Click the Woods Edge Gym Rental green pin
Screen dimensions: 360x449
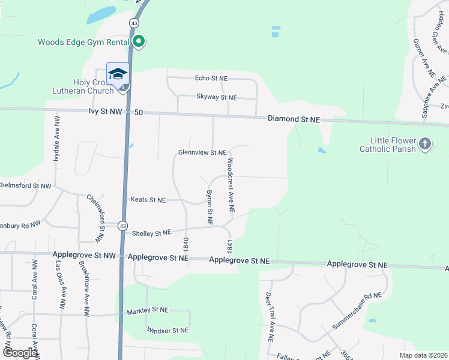[x=139, y=41]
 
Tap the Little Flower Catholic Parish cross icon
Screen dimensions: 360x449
[x=425, y=143]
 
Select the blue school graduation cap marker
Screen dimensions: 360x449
[x=118, y=74]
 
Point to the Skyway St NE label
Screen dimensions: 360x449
[x=217, y=97]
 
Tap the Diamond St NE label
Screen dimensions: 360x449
[x=294, y=119]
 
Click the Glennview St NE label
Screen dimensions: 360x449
[x=202, y=153]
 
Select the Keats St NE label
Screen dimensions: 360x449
[x=148, y=200]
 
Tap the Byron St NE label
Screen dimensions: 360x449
[x=209, y=208]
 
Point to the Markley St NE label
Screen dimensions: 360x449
[x=148, y=311]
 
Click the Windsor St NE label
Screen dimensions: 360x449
[x=167, y=330]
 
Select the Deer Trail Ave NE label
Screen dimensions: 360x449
[x=270, y=317]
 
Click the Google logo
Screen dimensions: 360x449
[x=20, y=353]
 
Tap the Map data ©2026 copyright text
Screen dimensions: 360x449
[x=423, y=355]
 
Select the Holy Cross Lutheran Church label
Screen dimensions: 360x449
[x=94, y=86]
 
